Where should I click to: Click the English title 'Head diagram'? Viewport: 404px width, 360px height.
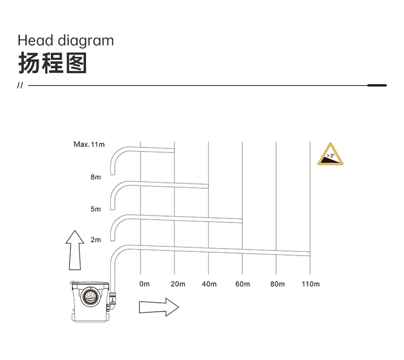pos(66,41)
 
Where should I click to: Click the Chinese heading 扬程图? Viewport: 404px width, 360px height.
pos(52,63)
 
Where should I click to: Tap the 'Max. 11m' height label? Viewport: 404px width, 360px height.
pos(89,144)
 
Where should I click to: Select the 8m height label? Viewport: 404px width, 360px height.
pos(96,177)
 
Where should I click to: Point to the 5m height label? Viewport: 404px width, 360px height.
pos(96,209)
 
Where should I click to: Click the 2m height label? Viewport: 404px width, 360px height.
pos(96,240)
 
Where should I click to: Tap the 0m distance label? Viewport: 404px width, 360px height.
pos(144,284)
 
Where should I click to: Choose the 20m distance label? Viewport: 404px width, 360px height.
pos(178,284)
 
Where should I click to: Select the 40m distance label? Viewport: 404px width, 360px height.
pos(209,284)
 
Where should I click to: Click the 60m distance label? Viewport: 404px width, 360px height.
pos(242,284)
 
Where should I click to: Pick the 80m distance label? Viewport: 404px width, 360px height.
pos(278,284)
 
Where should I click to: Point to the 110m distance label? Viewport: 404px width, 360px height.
pos(311,284)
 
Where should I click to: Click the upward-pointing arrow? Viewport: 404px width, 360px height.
pos(75,250)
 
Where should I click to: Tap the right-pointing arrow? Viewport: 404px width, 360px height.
pos(159,307)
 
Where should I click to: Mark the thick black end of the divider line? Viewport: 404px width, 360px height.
pos(377,85)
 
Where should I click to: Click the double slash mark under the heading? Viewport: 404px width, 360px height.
pos(20,85)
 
